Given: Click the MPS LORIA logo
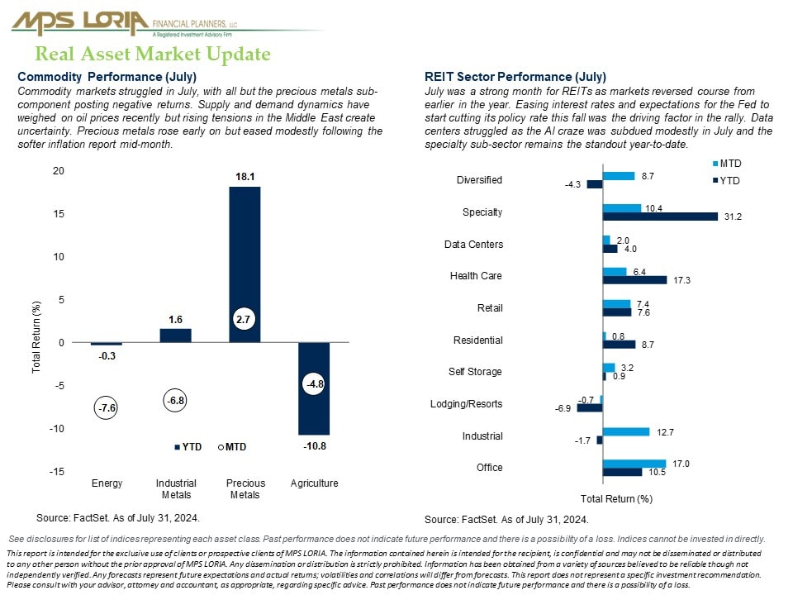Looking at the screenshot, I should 80,22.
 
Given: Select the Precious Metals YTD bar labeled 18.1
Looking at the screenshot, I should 245,264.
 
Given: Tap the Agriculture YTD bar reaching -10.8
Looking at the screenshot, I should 314,388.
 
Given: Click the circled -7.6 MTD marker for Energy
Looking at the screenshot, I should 107,408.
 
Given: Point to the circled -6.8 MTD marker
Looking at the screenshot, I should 175,401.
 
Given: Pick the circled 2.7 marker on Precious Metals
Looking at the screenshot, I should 244,318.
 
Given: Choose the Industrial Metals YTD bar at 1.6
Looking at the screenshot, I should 175,336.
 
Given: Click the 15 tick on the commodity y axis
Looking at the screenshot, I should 58,214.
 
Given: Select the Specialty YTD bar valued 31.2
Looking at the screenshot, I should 660,217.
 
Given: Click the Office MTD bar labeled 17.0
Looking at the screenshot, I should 634,464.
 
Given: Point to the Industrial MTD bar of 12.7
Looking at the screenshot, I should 625,431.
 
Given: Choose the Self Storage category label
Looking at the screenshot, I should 475,372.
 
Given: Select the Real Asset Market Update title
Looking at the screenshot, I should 153,55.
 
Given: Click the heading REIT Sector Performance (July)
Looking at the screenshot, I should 515,77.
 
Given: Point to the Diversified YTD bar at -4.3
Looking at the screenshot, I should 594,184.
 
